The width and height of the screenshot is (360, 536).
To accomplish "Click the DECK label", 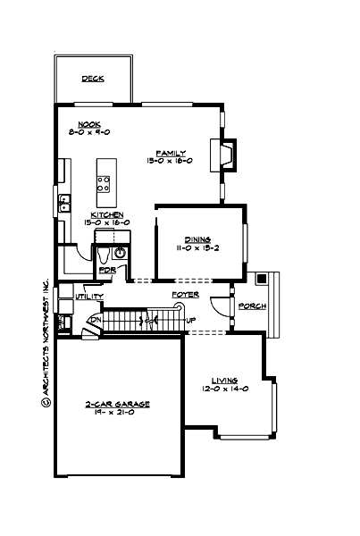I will (93, 79).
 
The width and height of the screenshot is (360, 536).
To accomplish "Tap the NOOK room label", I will (88, 124).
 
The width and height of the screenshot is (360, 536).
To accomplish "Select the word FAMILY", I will (170, 153).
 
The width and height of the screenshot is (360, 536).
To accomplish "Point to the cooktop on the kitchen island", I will (104, 184).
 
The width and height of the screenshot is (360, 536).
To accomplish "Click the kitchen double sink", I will (64, 207).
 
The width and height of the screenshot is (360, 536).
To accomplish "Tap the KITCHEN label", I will (106, 214).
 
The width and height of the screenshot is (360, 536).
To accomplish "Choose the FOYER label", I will (185, 294).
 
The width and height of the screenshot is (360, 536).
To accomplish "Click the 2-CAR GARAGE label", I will (118, 404).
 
